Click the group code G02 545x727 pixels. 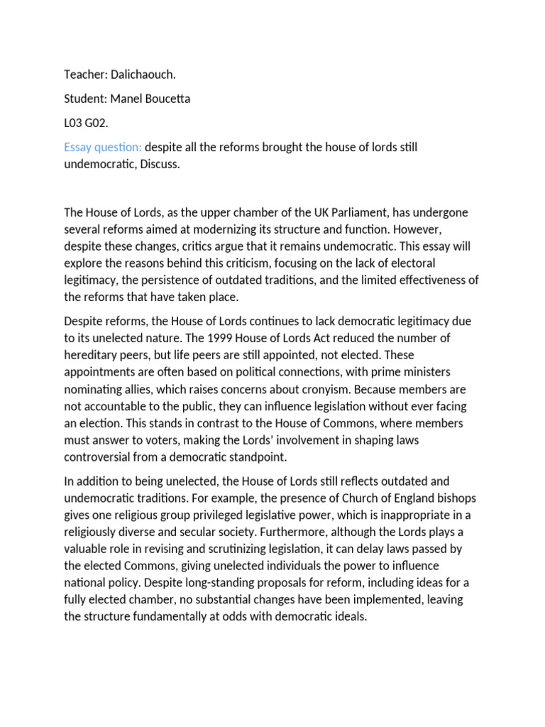coord(97,123)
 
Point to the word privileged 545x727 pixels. coord(242,515)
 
